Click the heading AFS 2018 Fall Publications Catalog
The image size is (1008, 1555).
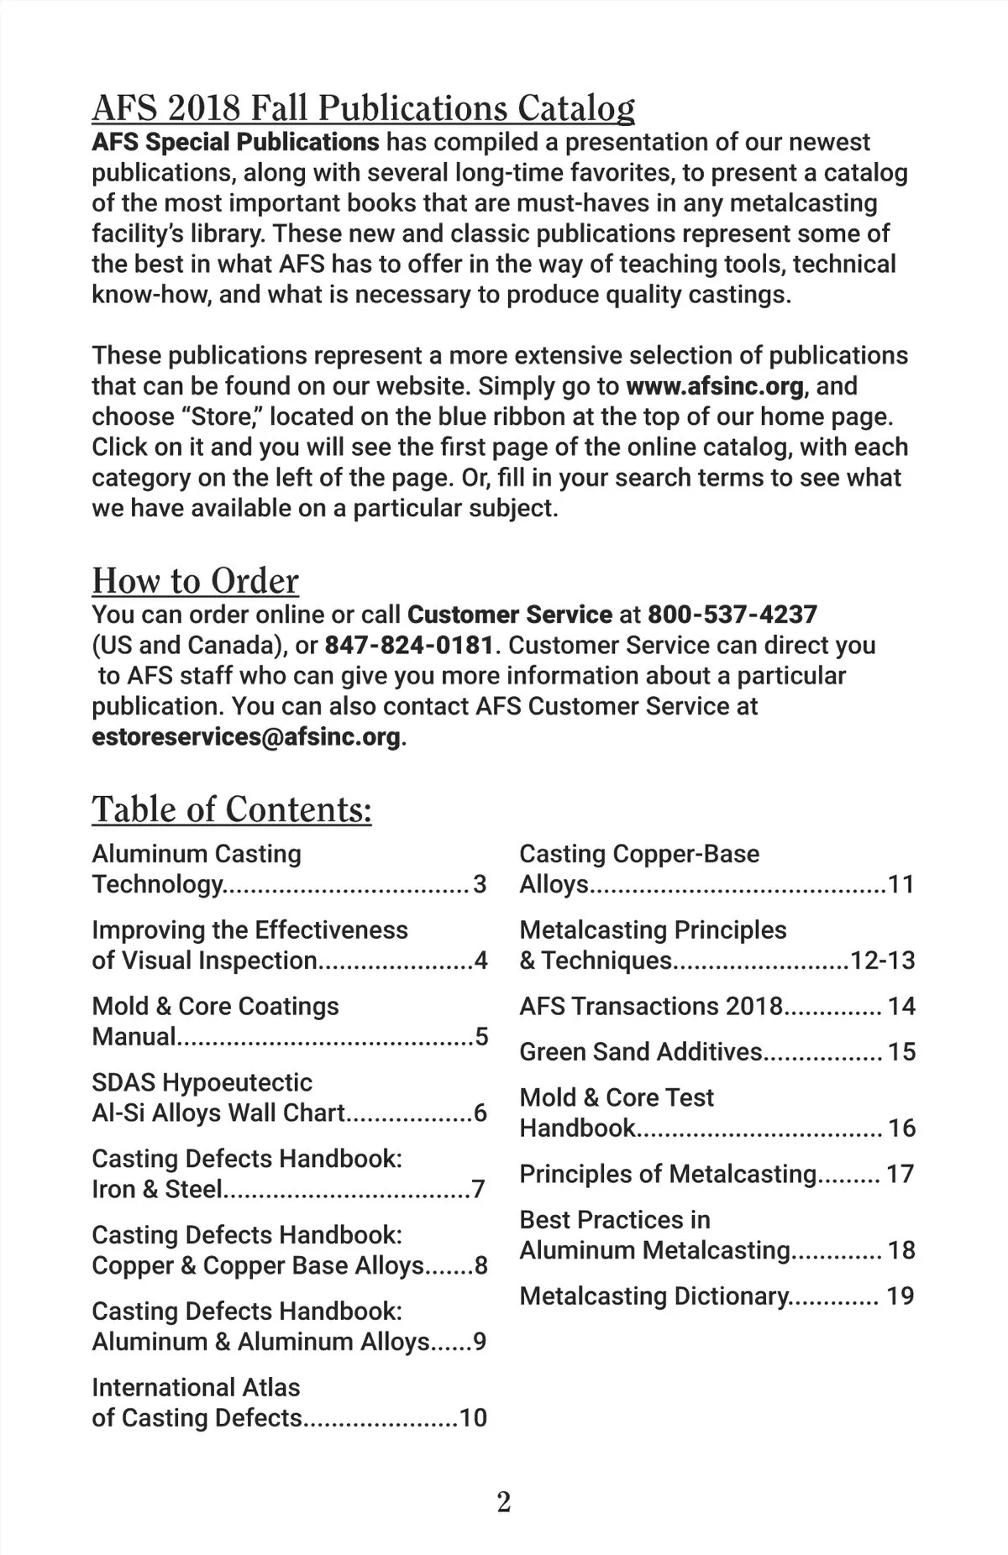click(363, 108)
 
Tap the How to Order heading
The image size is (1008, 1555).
click(195, 581)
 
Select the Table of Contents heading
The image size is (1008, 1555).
click(232, 809)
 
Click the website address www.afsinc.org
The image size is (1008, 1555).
click(715, 386)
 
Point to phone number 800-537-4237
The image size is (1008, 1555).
click(732, 615)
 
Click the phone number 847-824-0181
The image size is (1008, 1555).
click(409, 646)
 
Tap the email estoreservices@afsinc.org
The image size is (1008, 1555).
click(246, 737)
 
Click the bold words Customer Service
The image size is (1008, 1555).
click(509, 615)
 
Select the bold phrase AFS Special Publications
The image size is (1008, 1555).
click(235, 142)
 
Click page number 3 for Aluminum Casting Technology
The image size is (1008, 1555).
click(480, 884)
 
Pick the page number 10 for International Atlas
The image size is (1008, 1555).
click(473, 1418)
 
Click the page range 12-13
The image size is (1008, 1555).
click(882, 961)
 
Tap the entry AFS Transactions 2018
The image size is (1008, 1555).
click(651, 1006)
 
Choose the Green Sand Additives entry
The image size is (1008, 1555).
click(641, 1052)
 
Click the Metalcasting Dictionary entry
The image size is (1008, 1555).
click(654, 1296)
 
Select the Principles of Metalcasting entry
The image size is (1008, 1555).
click(668, 1174)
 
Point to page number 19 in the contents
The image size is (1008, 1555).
click(900, 1296)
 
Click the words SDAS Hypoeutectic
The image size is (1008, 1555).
click(202, 1082)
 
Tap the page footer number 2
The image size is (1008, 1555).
click(504, 1501)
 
